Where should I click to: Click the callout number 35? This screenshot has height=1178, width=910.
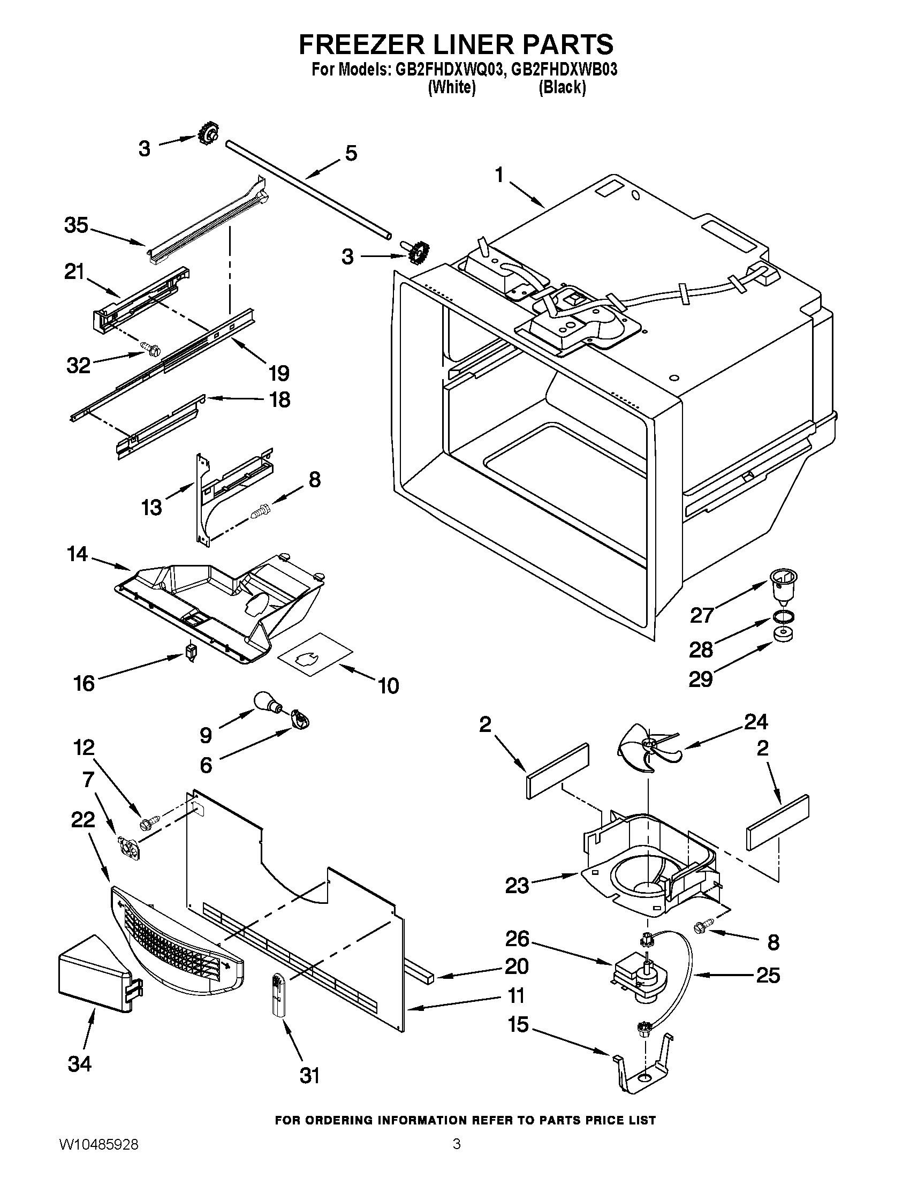tap(76, 225)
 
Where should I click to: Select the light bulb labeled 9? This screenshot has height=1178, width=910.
tap(267, 704)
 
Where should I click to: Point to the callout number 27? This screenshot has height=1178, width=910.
tap(702, 614)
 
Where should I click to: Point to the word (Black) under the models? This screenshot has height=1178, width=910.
tap(562, 87)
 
